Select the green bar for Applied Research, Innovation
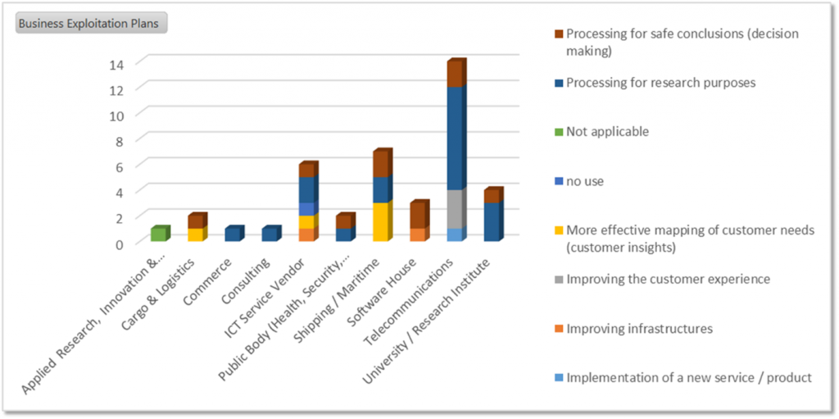tap(158, 235)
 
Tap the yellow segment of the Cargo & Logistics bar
tap(195, 235)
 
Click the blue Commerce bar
tap(233, 235)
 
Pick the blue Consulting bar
tap(270, 235)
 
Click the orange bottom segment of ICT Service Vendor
tap(306, 235)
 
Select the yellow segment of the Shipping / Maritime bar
tap(381, 222)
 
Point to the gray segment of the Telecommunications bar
tap(455, 209)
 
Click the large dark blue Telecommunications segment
tap(455, 139)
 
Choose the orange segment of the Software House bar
tap(418, 235)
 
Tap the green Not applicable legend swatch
tap(559, 132)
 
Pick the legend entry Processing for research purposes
tap(660, 83)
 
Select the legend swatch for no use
tap(559, 181)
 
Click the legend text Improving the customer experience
tap(668, 280)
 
